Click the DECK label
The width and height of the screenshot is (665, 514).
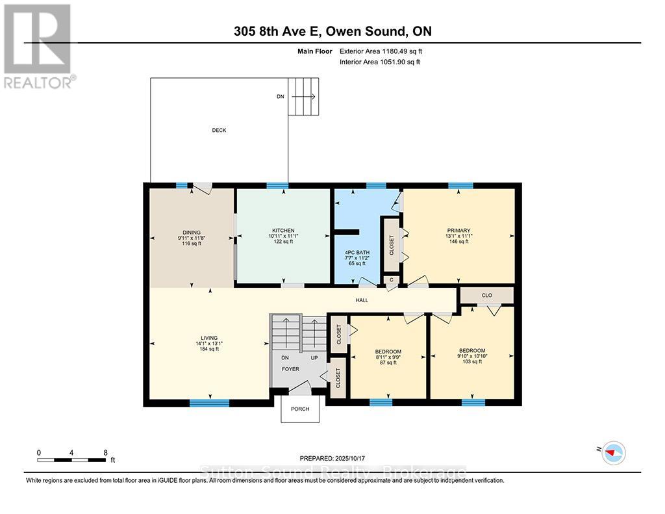coord(219,130)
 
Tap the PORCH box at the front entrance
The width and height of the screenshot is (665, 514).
coord(300,409)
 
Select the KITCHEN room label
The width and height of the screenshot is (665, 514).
coord(283,231)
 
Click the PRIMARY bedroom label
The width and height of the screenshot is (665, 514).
coord(458,231)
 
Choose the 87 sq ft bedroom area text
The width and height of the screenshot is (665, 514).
coord(387,363)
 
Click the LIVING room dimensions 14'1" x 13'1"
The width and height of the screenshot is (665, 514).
coord(209,344)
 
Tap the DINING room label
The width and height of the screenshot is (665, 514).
coord(191,232)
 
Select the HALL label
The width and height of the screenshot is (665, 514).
coord(362,300)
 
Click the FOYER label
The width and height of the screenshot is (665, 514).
coord(290,368)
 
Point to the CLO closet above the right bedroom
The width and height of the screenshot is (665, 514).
coord(486,295)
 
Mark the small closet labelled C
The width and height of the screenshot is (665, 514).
coord(390,280)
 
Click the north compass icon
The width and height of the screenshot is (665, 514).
coord(614,452)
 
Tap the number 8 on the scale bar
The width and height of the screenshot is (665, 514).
coord(105,452)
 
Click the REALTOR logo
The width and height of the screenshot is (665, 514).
coord(39,45)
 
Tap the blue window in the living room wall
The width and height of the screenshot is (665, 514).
coord(209,403)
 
